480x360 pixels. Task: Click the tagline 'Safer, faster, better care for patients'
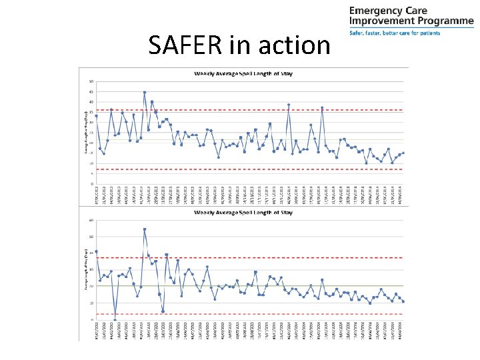[x=395, y=33]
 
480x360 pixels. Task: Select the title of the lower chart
[x=243, y=213]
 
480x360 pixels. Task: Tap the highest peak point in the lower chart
[x=145, y=229]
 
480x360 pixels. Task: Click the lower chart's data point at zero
[x=115, y=319]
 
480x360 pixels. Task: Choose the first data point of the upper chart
[x=97, y=116]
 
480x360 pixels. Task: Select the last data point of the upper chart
[x=403, y=153]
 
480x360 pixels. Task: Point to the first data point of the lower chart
[x=97, y=251]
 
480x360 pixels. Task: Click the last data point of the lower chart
[x=403, y=301]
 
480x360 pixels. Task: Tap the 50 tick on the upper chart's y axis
[x=91, y=82]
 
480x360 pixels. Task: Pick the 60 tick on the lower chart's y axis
[x=91, y=221]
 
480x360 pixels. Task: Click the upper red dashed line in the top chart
[x=267, y=110]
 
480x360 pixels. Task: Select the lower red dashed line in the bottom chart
[x=267, y=314]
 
